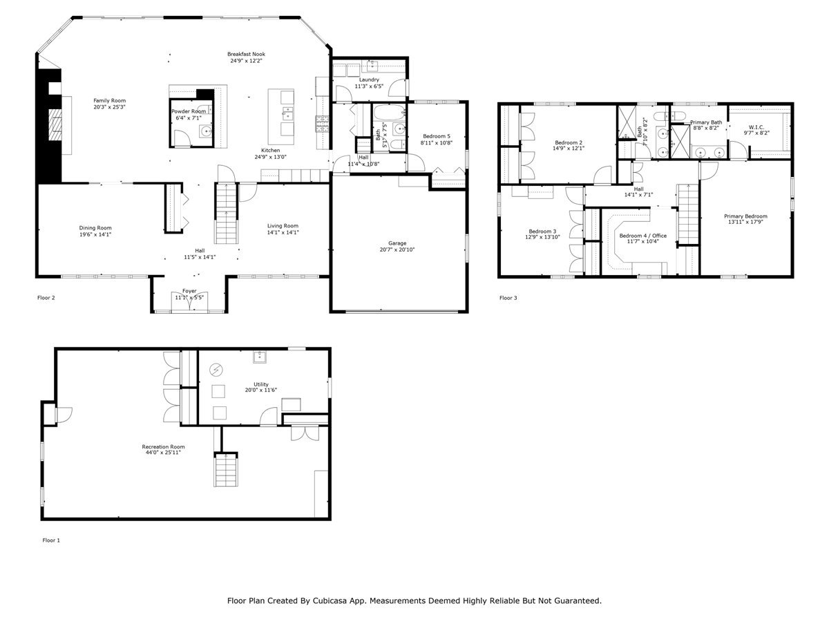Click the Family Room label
(109, 101)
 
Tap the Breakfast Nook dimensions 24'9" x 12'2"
(246, 61)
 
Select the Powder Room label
(189, 111)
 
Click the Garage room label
(397, 243)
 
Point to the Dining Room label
(95, 228)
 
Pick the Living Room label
(283, 225)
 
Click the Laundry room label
(368, 79)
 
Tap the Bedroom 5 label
(437, 136)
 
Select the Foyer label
(189, 291)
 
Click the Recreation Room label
(164, 446)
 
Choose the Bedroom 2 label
(567, 142)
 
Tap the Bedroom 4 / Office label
(642, 236)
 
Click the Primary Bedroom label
(745, 216)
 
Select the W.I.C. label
(756, 127)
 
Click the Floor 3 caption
(508, 298)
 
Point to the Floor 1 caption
(51, 540)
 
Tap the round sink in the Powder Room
(206, 131)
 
